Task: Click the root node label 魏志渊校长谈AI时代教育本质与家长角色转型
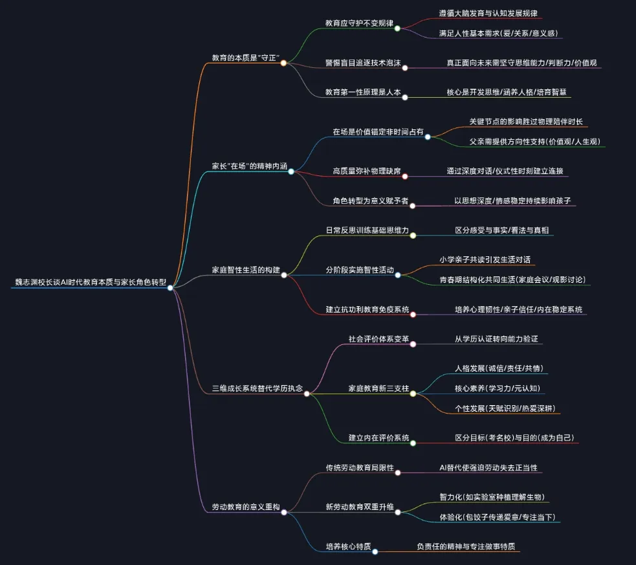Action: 91,282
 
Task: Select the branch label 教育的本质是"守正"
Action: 245,58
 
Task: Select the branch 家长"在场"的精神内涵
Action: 249,166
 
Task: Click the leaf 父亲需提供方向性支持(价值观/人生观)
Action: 538,142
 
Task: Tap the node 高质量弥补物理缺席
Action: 367,171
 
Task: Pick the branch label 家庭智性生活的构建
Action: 246,269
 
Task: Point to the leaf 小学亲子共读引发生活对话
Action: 485,260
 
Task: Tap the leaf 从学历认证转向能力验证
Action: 496,338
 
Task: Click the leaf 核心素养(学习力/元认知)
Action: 498,388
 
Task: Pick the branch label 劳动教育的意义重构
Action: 246,507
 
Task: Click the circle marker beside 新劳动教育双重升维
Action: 398,512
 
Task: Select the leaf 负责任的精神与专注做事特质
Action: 466,546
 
